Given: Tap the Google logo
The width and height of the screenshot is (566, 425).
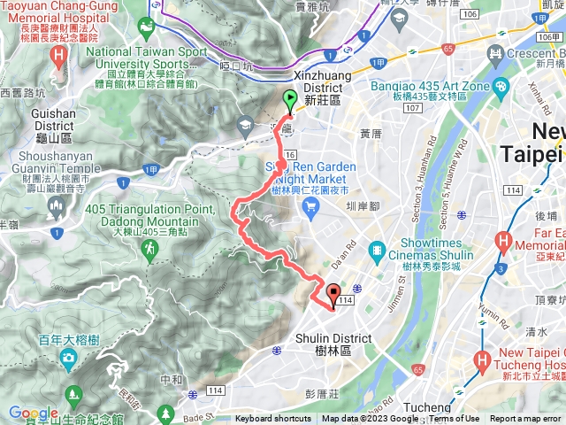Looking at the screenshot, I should coord(33,413).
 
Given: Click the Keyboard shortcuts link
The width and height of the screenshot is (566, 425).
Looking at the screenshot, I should coord(273,419).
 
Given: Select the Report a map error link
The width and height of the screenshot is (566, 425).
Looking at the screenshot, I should coord(527,419).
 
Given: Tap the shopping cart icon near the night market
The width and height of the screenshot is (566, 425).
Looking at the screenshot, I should coord(310,206).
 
